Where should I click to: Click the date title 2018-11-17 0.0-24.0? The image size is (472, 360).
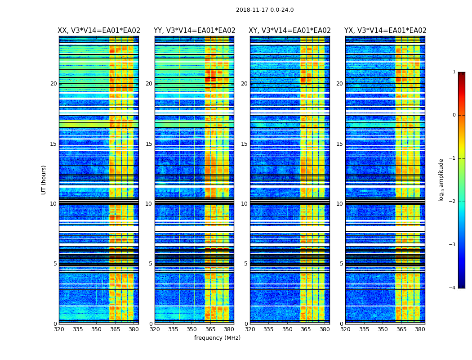click(265, 10)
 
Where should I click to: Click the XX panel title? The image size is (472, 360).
click(99, 31)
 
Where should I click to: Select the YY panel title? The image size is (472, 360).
click(194, 31)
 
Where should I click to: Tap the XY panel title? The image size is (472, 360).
click(289, 31)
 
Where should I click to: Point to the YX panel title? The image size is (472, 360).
click(385, 31)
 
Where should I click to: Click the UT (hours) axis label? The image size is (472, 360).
click(44, 180)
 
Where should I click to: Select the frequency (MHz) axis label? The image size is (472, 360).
click(217, 338)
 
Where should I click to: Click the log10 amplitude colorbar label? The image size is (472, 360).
click(441, 180)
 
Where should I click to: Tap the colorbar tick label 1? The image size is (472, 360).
click(454, 72)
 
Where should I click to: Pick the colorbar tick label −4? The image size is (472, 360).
click(453, 288)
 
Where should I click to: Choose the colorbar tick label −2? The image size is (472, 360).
click(453, 202)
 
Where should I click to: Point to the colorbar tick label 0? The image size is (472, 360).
click(454, 115)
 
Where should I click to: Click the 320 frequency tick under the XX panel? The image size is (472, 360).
click(59, 329)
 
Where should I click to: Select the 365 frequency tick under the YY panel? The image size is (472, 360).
click(210, 329)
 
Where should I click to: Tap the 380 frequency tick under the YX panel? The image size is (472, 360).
click(420, 329)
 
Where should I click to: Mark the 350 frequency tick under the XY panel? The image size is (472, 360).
click(287, 329)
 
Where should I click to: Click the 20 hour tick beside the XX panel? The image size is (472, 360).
click(53, 84)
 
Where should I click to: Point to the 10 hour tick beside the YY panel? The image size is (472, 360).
click(148, 204)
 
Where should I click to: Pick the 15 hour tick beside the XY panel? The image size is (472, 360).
click(244, 144)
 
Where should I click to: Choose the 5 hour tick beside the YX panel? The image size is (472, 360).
click(341, 264)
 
